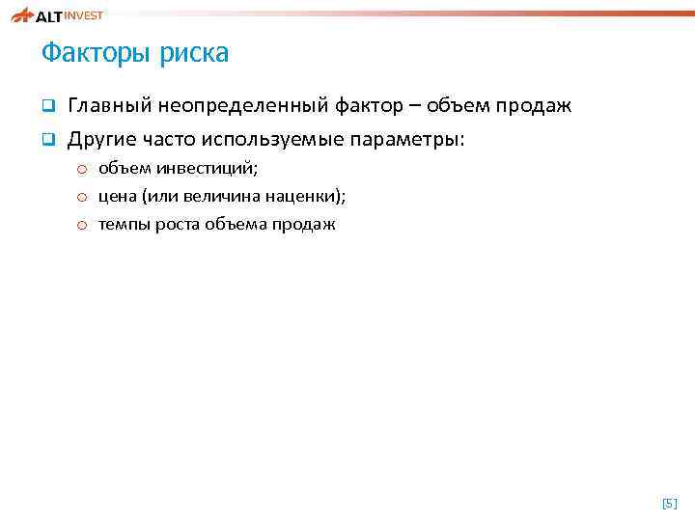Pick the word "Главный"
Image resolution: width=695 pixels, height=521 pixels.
click(x=107, y=105)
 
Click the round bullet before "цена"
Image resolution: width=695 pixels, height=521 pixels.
click(x=84, y=197)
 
